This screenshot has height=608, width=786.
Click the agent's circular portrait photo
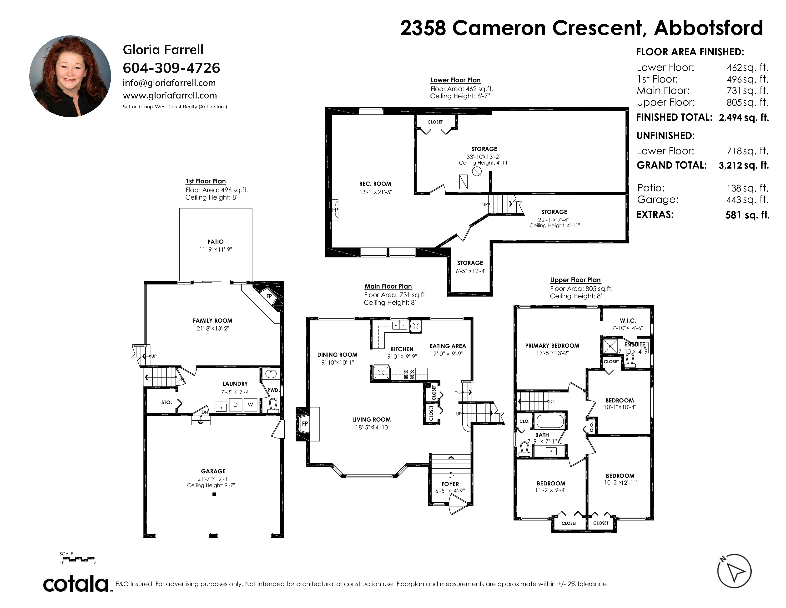point(70,76)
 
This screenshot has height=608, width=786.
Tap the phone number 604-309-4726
point(171,68)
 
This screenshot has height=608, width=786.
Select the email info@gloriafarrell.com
point(169,83)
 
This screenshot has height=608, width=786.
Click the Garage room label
point(213,471)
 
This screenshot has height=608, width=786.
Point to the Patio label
point(216,242)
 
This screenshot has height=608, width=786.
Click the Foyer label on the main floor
point(450,484)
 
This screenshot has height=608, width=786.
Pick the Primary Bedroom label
point(552,346)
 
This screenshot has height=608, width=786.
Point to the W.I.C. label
point(628,320)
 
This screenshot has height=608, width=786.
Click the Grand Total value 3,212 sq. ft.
point(744,165)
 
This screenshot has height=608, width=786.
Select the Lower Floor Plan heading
point(456,80)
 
